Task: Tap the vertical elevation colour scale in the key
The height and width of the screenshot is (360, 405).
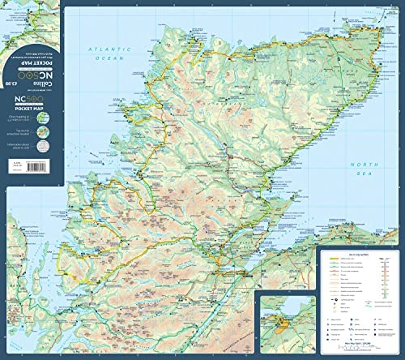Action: [x=382, y=284]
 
